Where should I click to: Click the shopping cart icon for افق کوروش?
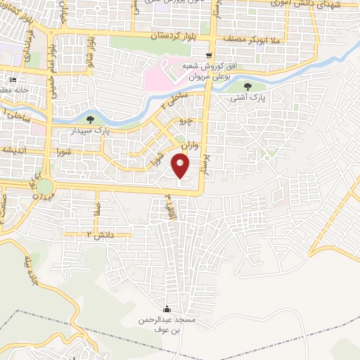[x=208, y=56]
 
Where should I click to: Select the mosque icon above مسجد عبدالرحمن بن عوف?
[x=167, y=309]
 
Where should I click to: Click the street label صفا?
[x=100, y=208]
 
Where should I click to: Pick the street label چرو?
[x=186, y=121]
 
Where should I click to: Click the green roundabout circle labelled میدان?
[x=46, y=187]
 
